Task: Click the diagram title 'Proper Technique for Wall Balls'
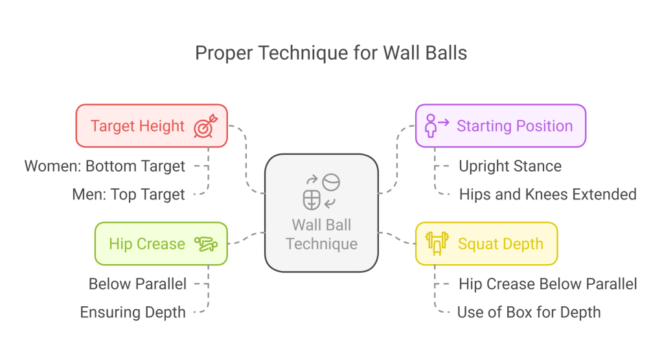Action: [x=331, y=52]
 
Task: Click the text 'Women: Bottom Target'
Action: [x=105, y=166]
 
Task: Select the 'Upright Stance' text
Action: [x=510, y=166]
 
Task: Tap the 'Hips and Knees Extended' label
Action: [x=547, y=194]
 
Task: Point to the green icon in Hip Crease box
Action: [x=206, y=244]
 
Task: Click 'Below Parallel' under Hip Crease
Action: [x=137, y=284]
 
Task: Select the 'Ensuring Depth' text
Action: [x=133, y=312]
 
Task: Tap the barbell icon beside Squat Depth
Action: [x=437, y=244]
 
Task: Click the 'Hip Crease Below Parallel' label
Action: [x=547, y=284]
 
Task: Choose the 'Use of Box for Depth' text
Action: [x=529, y=312]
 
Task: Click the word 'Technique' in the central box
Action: [x=321, y=244]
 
